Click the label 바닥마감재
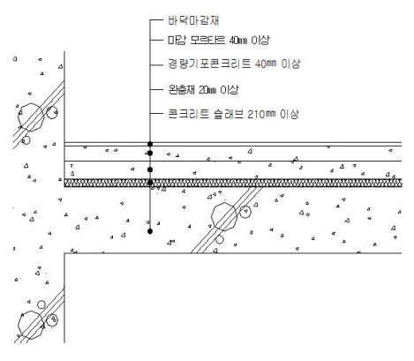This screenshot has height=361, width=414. [x=193, y=20]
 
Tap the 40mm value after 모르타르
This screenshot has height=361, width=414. [x=238, y=41]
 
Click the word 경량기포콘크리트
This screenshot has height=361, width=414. [x=209, y=64]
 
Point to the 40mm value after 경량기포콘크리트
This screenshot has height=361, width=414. [x=266, y=64]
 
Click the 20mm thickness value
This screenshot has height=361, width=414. [x=207, y=90]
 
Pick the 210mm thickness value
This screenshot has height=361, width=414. [x=261, y=114]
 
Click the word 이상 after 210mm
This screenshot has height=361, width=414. [x=290, y=114]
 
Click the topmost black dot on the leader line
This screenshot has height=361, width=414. [x=150, y=144]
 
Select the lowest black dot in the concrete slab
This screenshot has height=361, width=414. [x=150, y=231]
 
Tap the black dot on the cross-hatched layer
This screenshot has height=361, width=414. [x=150, y=183]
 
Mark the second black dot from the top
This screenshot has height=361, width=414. [x=150, y=153]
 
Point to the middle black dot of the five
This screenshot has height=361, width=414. [x=150, y=169]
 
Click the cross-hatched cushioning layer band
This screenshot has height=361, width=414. [x=233, y=183]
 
